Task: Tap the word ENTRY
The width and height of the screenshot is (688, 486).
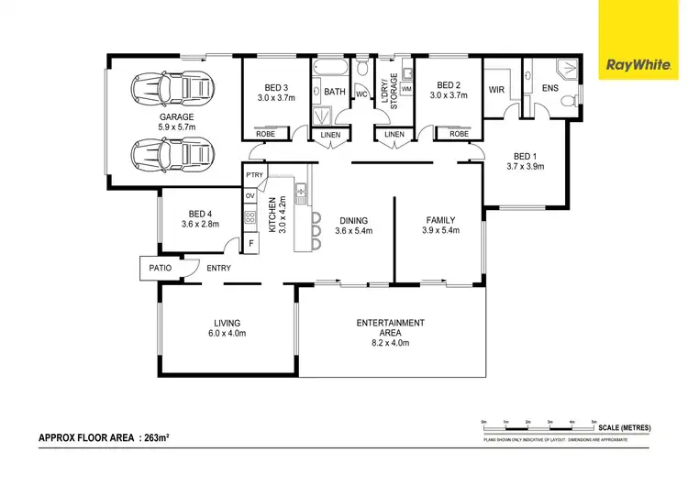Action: pos(218,268)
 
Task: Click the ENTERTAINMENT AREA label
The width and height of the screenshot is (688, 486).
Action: pos(390,323)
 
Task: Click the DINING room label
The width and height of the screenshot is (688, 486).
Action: pos(352,220)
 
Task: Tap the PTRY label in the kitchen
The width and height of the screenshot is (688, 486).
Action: pos(254,175)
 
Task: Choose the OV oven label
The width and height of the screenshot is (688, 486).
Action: pos(250,195)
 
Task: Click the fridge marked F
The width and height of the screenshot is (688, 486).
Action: pos(250,243)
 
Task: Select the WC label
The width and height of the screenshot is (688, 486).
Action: pos(361,94)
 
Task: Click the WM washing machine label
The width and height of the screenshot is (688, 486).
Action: pos(405,88)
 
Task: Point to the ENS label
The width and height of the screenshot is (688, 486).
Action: pos(549,90)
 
